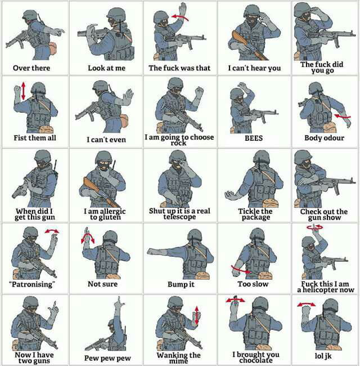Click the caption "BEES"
pos(254,137)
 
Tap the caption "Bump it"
pos(181,284)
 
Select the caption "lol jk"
pos(325,356)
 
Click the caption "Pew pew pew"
pos(107,357)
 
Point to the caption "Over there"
pos(31,68)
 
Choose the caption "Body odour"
pos(325,137)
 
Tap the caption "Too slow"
pos(253,284)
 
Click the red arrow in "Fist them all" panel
pos(23,91)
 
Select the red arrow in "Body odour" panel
pos(341,117)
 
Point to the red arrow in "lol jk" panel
pos(307,304)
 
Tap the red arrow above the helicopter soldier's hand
pos(315,226)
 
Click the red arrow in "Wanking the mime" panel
pos(196,315)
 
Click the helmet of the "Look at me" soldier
pos(116,13)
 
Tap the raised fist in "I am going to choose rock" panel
pos(199,91)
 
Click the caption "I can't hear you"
pos(254,68)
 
